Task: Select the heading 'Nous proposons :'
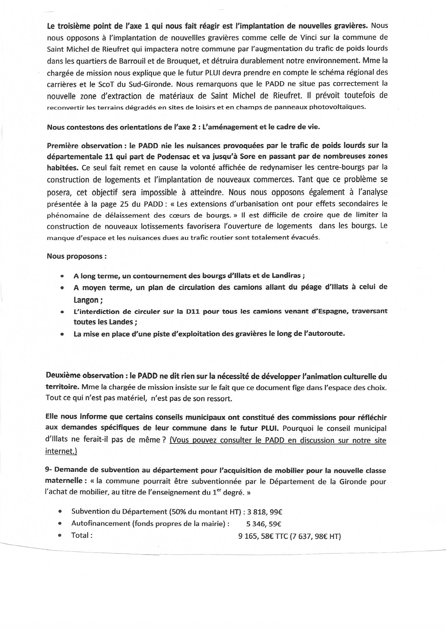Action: pos(77,256)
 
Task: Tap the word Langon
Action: pos(86,300)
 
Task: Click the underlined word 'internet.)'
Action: pos(61,451)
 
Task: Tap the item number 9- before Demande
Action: pos(48,470)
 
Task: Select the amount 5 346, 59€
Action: pos(263,524)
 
